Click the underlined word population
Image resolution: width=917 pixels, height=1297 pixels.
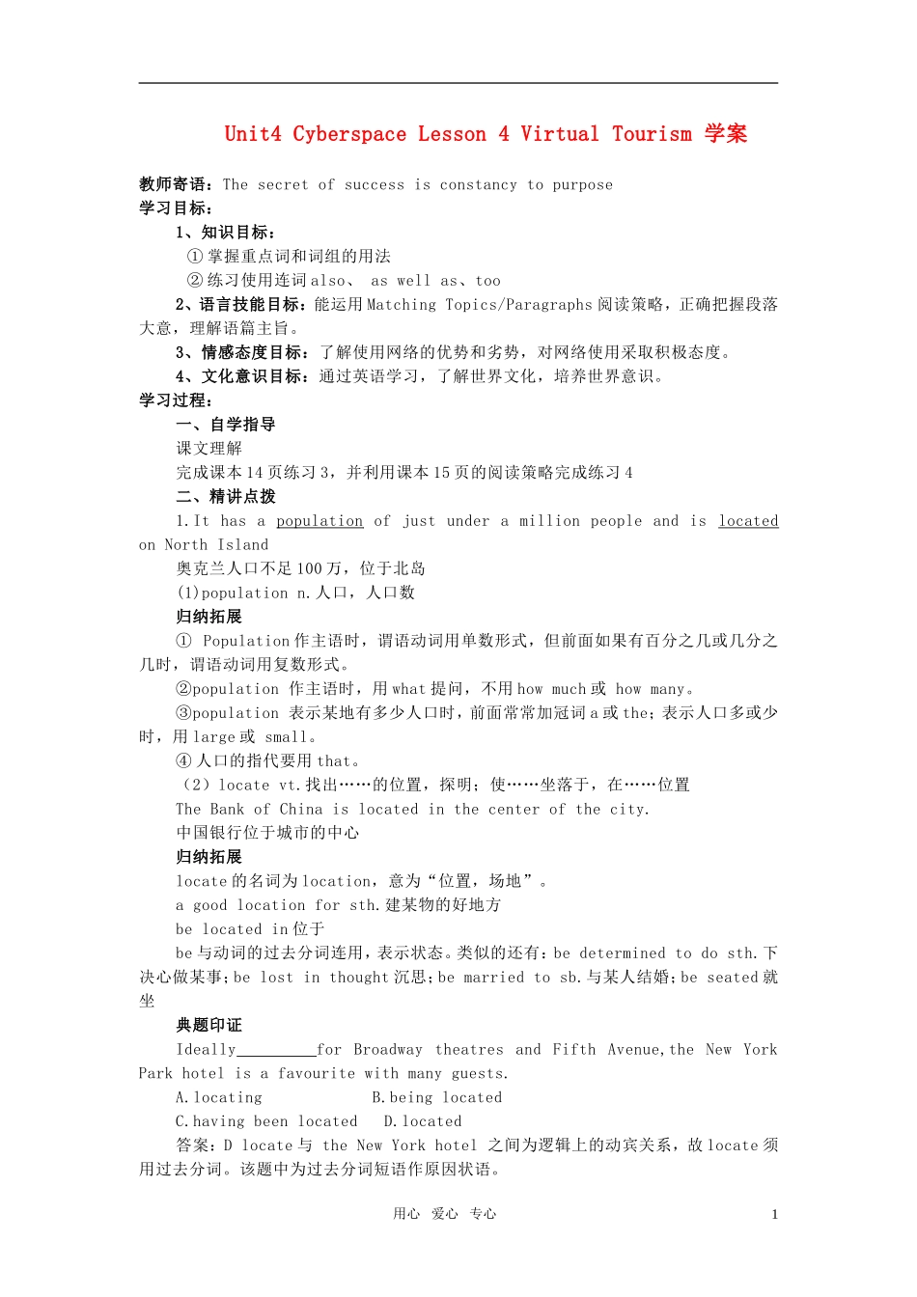click(x=320, y=521)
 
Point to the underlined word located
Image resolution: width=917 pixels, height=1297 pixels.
click(x=748, y=521)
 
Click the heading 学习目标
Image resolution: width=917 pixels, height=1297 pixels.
click(x=176, y=208)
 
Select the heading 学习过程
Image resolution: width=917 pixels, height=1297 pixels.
click(x=176, y=400)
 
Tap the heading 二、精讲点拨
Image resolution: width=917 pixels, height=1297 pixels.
click(x=226, y=497)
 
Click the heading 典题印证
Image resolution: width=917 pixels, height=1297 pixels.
click(x=208, y=1025)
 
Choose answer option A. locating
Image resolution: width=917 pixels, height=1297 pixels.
click(x=219, y=1097)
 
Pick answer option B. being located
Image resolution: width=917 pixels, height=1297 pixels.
click(x=437, y=1097)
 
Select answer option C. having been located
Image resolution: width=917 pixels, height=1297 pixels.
click(x=266, y=1121)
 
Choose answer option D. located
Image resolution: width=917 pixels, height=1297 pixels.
click(x=423, y=1121)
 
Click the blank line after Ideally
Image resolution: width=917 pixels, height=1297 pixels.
click(x=276, y=1050)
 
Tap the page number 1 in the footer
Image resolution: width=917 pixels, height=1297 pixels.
click(x=774, y=1215)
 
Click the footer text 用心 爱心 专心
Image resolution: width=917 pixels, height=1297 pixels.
click(x=444, y=1214)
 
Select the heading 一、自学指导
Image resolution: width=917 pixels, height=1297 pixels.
click(x=226, y=425)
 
